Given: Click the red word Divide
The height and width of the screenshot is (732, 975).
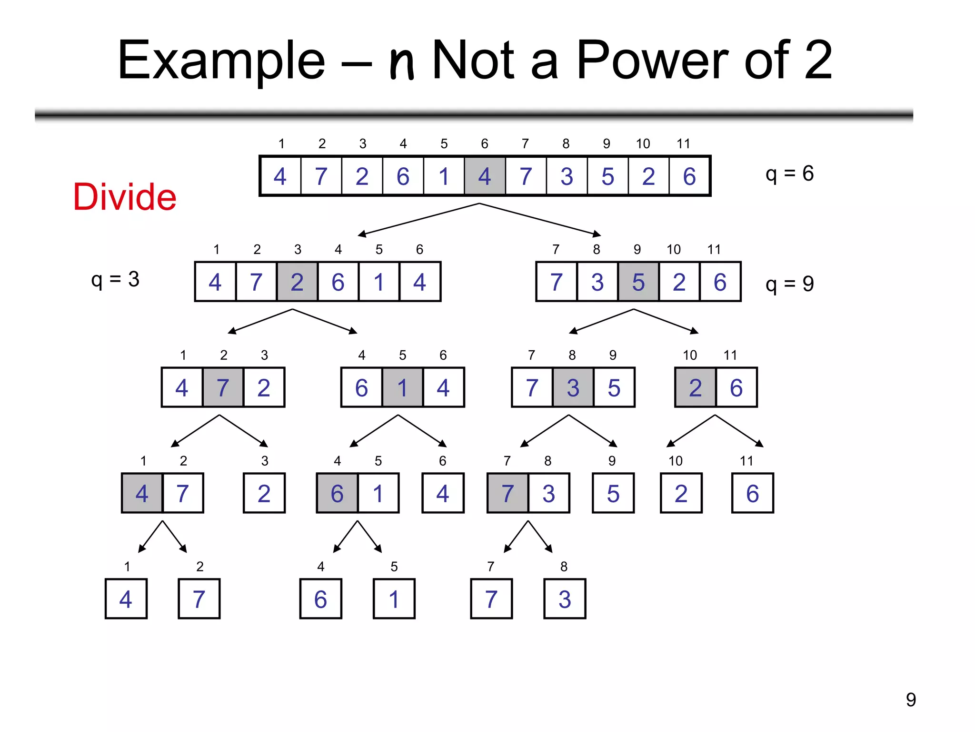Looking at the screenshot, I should click(x=125, y=197).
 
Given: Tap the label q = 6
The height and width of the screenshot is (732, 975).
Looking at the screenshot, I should click(x=789, y=173).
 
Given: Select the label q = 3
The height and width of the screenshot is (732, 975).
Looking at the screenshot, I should click(x=115, y=279).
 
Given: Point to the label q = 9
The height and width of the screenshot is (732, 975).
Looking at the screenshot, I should click(x=789, y=284).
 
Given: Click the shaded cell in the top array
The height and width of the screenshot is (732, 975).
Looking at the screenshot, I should click(x=485, y=176).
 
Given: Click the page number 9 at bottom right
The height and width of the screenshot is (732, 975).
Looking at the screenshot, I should click(x=911, y=700).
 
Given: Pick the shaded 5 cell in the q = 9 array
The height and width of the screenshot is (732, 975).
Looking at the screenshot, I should click(x=638, y=282).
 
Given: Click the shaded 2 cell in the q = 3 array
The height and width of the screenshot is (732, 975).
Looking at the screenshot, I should click(x=297, y=282).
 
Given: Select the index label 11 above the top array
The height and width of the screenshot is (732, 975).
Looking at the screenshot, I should click(x=683, y=144).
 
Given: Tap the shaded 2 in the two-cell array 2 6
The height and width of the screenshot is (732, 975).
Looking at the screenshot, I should click(x=695, y=387).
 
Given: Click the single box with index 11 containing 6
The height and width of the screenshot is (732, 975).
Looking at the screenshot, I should click(x=752, y=493).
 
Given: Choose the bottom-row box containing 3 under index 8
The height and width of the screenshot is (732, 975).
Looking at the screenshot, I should click(x=565, y=599).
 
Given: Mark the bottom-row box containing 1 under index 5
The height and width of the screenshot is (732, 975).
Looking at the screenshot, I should click(x=394, y=599).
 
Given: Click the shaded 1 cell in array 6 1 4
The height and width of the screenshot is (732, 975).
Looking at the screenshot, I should click(x=402, y=387).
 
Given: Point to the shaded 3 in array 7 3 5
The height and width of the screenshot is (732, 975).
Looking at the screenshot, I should click(x=573, y=387).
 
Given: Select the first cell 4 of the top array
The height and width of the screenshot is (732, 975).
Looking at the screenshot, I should click(x=280, y=176).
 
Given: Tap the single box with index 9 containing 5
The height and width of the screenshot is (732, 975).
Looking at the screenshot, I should click(x=613, y=493).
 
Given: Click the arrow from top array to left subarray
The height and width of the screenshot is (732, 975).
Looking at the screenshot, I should click(x=419, y=219).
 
